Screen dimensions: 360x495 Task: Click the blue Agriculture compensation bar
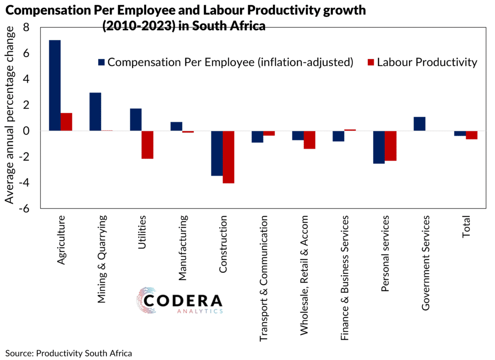[x=55, y=85]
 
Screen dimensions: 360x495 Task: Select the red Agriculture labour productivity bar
[x=66, y=122]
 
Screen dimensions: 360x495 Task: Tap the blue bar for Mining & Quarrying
[x=95, y=112]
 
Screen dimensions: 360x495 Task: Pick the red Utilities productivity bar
[x=147, y=145]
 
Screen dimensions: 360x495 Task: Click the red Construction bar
[x=229, y=157]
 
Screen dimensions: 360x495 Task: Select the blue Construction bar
[x=217, y=153]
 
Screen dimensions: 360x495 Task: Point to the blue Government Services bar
[x=420, y=124]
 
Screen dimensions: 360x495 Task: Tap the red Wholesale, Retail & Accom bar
[x=310, y=140]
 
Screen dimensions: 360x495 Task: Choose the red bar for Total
[x=472, y=135]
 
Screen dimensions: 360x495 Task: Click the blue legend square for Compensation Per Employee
[x=101, y=62]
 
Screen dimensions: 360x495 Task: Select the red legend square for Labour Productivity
[x=371, y=62]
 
